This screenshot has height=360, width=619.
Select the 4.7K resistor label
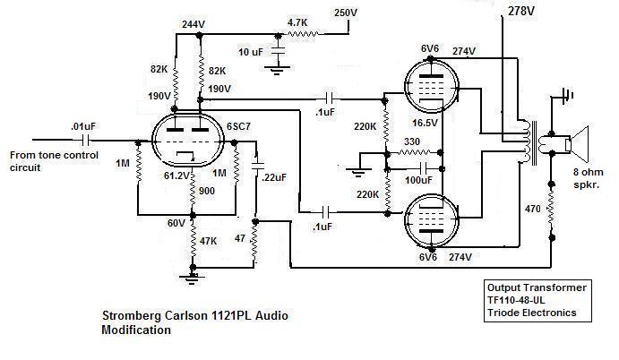298,21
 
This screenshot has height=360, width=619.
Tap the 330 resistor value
411,141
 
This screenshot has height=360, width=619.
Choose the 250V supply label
346,13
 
